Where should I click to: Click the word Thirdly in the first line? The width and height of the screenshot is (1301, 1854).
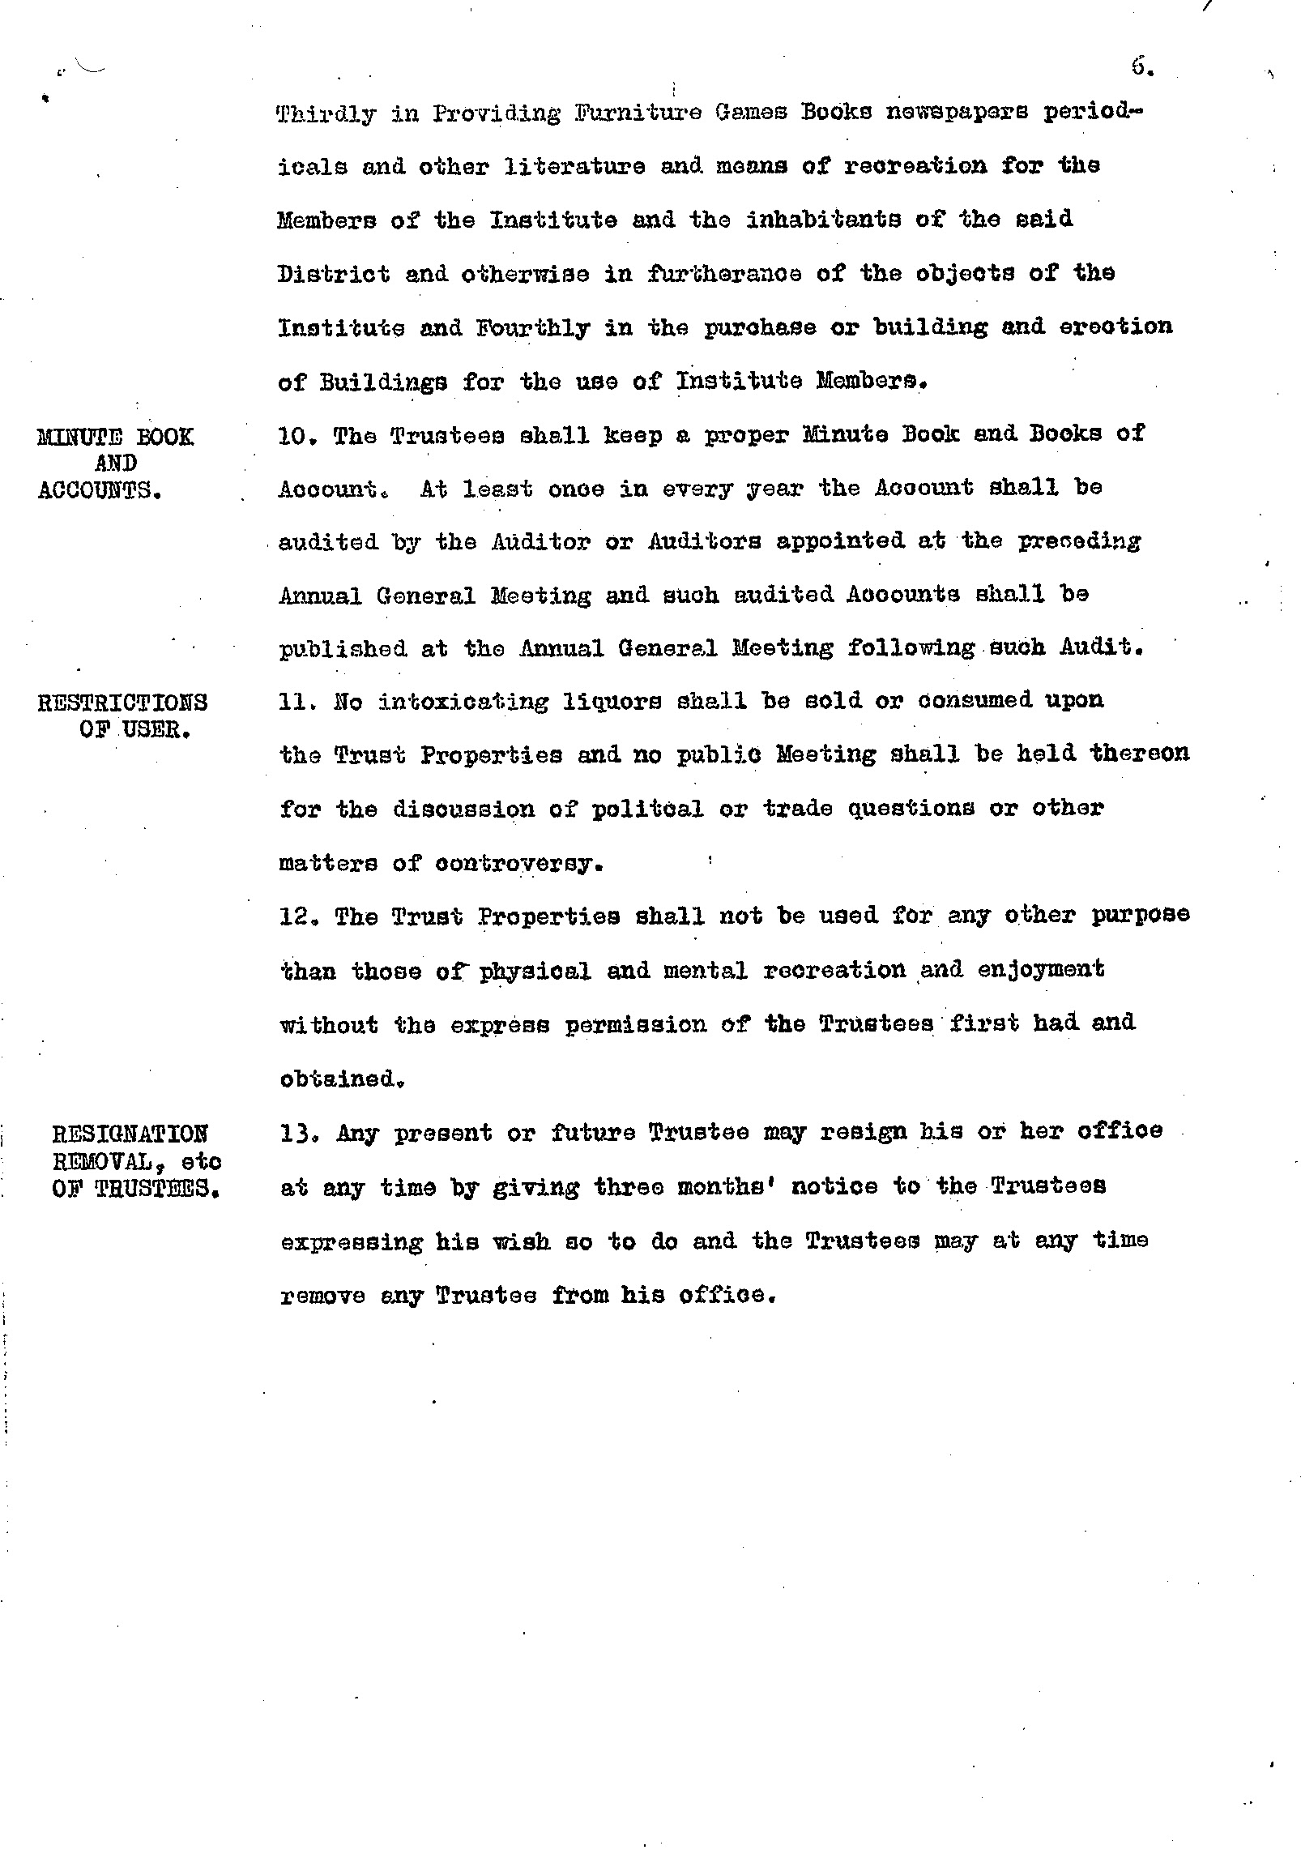click(x=326, y=114)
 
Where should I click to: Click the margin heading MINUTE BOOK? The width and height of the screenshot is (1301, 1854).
click(x=116, y=438)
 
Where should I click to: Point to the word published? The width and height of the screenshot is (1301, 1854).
click(x=343, y=650)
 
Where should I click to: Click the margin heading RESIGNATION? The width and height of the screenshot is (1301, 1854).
click(x=130, y=1133)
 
